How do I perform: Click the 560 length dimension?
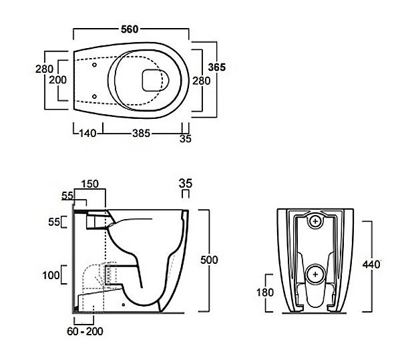[130, 29]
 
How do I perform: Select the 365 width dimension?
[217, 67]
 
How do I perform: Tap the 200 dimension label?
[57, 79]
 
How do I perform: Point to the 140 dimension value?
[88, 133]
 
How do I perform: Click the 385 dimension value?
[142, 134]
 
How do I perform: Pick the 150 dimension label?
[90, 184]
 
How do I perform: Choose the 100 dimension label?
[51, 275]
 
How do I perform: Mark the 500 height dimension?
[209, 260]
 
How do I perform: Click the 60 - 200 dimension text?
[85, 331]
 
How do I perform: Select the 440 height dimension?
[371, 264]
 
